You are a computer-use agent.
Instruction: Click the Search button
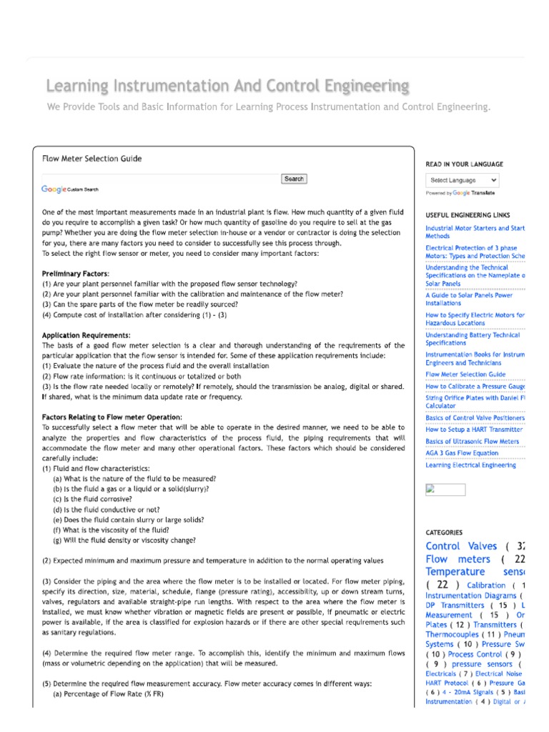(294, 179)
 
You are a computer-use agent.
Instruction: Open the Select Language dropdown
(463, 180)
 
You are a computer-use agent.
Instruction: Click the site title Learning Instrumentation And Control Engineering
(228, 86)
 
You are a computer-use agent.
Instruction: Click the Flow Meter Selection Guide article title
(91, 159)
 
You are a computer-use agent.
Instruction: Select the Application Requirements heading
(86, 335)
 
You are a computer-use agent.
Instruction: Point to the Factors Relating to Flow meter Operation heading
(112, 417)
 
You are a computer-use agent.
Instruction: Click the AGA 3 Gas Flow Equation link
(462, 453)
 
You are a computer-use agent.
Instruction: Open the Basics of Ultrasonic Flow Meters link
(472, 442)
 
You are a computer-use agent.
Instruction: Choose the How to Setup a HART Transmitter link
(474, 430)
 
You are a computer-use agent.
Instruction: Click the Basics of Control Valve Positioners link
(475, 418)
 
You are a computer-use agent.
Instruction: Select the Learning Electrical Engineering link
(470, 465)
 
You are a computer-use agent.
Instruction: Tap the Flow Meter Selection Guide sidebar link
(465, 374)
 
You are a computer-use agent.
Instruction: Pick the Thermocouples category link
(452, 634)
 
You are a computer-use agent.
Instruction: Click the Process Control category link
(475, 654)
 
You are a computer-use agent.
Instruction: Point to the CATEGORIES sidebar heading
(444, 533)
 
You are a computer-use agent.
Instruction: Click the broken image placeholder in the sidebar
(445, 490)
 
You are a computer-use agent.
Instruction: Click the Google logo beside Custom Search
(54, 189)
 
